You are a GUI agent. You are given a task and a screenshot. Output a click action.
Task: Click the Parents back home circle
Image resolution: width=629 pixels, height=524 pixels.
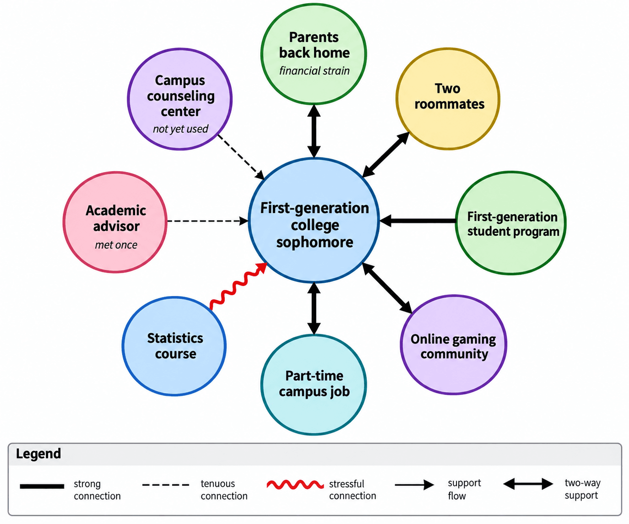[314, 54]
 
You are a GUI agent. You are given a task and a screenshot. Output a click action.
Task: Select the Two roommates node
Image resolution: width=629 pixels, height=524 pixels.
[448, 98]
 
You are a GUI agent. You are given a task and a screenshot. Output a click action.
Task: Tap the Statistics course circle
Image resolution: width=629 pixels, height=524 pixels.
[174, 346]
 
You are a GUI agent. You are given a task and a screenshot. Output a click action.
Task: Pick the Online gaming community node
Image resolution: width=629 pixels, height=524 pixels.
[453, 345]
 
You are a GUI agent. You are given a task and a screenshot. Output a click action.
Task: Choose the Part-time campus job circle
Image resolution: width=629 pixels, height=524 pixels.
[314, 384]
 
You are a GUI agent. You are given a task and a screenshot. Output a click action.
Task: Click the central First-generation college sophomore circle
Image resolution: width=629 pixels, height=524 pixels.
[314, 221]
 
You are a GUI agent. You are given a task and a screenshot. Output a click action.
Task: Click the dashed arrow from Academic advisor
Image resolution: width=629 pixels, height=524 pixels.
[207, 221]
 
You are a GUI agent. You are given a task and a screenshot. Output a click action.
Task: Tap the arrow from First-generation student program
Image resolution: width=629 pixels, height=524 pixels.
[418, 221]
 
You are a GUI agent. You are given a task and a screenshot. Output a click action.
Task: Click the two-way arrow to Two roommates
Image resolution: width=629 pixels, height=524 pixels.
[385, 155]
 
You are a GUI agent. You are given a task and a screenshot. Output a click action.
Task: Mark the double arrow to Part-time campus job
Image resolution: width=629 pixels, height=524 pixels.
[314, 308]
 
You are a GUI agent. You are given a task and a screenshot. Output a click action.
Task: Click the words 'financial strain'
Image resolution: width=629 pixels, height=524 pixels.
[314, 71]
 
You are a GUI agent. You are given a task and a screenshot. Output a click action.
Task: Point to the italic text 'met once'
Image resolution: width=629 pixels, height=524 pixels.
[116, 245]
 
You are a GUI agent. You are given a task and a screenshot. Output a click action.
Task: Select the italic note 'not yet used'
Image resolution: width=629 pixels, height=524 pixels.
[180, 129]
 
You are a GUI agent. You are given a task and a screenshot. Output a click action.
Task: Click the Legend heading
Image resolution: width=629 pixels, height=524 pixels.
[38, 454]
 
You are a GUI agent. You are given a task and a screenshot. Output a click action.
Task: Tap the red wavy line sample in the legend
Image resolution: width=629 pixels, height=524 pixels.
[295, 485]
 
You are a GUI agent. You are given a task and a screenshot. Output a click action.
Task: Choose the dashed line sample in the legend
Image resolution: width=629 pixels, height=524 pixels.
[166, 485]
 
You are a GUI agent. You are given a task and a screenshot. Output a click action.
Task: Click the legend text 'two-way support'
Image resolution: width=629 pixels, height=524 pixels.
[582, 489]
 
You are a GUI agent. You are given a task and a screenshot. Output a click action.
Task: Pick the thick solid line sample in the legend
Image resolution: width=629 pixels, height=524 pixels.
[42, 486]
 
